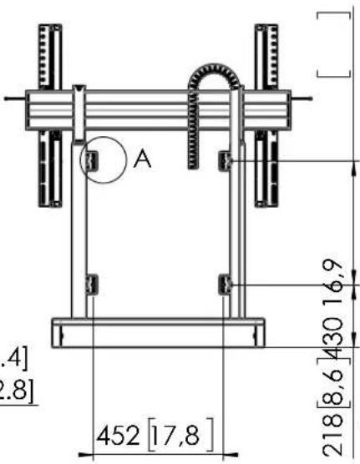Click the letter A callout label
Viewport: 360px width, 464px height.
[143, 160]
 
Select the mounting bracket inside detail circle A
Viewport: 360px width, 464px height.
[92, 159]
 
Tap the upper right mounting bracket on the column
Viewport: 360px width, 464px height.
[225, 159]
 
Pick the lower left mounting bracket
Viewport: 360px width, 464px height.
[91, 285]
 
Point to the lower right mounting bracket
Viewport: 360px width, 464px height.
[225, 286]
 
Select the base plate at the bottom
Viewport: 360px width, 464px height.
[157, 333]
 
